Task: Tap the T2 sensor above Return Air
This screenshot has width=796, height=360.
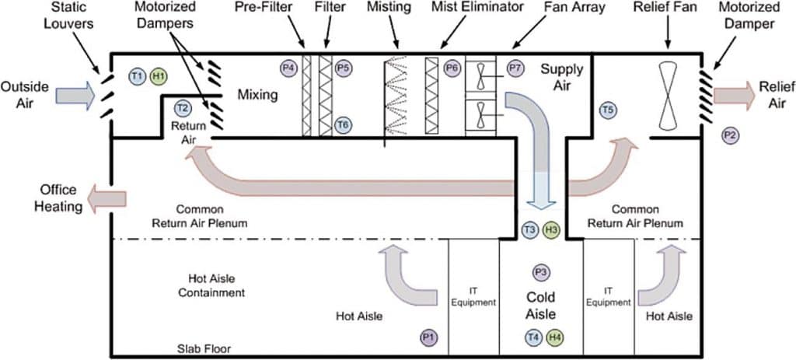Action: [183, 108]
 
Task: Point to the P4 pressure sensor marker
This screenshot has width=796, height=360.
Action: [289, 68]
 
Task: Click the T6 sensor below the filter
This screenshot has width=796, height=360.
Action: [343, 124]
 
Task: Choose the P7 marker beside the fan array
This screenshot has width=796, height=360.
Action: [515, 68]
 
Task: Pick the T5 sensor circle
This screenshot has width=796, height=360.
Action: [609, 111]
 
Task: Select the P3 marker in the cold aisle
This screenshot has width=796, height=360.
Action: [541, 272]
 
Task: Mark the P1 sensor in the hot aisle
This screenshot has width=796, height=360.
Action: [428, 337]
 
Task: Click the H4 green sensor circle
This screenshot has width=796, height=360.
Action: [554, 337]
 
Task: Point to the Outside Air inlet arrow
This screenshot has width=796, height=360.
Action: [75, 96]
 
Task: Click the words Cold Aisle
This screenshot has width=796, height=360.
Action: [541, 306]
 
